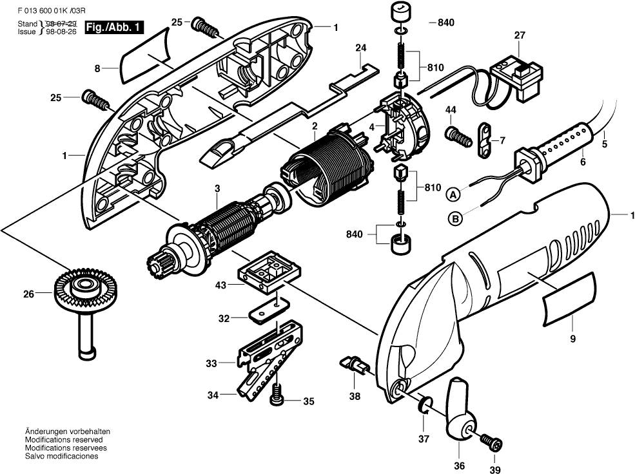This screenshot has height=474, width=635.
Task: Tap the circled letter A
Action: (454, 193)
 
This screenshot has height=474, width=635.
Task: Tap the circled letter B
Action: (456, 219)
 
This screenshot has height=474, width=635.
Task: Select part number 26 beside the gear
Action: (28, 295)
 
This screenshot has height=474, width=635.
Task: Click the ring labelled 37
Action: (425, 405)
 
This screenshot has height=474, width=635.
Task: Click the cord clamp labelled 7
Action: (483, 139)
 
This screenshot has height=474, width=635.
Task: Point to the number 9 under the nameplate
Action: (572, 337)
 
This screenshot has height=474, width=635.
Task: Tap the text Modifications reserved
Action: (63, 439)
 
